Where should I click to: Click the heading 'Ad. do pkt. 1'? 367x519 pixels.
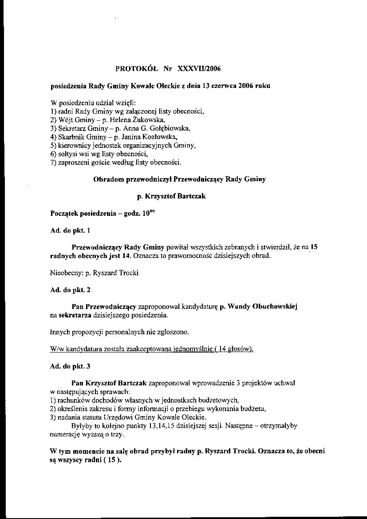coord(70,230)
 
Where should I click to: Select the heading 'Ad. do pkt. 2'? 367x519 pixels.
coord(71,290)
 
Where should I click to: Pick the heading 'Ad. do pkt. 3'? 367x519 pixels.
coord(71,366)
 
